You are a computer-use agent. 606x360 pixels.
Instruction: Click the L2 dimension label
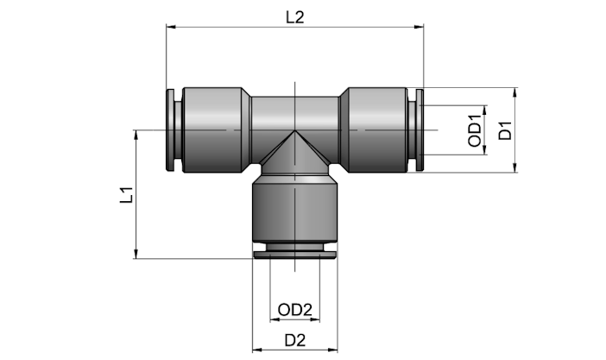point(295,17)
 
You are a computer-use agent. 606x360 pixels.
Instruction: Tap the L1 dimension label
point(127,195)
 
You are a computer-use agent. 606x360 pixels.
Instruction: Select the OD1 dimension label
point(475,130)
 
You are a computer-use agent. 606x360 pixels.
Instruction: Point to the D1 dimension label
point(505,130)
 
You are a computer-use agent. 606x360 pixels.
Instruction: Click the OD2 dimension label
point(295,310)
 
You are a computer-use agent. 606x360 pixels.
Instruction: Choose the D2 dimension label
point(295,340)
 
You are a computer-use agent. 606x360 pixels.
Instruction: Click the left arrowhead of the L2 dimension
point(171,27)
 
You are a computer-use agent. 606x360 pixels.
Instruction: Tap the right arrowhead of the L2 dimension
point(419,27)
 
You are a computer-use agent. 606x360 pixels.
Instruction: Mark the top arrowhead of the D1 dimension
point(514,92)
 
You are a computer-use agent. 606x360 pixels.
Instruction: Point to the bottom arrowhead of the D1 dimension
point(514,167)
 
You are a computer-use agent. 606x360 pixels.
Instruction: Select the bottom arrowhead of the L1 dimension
point(136,253)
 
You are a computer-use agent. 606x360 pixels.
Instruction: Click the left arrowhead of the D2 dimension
point(257,350)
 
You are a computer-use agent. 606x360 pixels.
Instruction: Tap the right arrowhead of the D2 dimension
point(332,350)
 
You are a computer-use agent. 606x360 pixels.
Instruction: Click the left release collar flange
point(170,129)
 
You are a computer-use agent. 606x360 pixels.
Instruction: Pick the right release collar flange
point(420,129)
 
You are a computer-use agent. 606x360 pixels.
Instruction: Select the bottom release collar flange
point(295,255)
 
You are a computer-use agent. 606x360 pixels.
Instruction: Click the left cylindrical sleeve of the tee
point(212,129)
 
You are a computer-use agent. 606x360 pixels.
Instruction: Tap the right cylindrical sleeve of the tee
point(377,129)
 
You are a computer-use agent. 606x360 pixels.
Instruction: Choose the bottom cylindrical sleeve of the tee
point(295,212)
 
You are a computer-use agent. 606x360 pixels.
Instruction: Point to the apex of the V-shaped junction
point(295,130)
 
